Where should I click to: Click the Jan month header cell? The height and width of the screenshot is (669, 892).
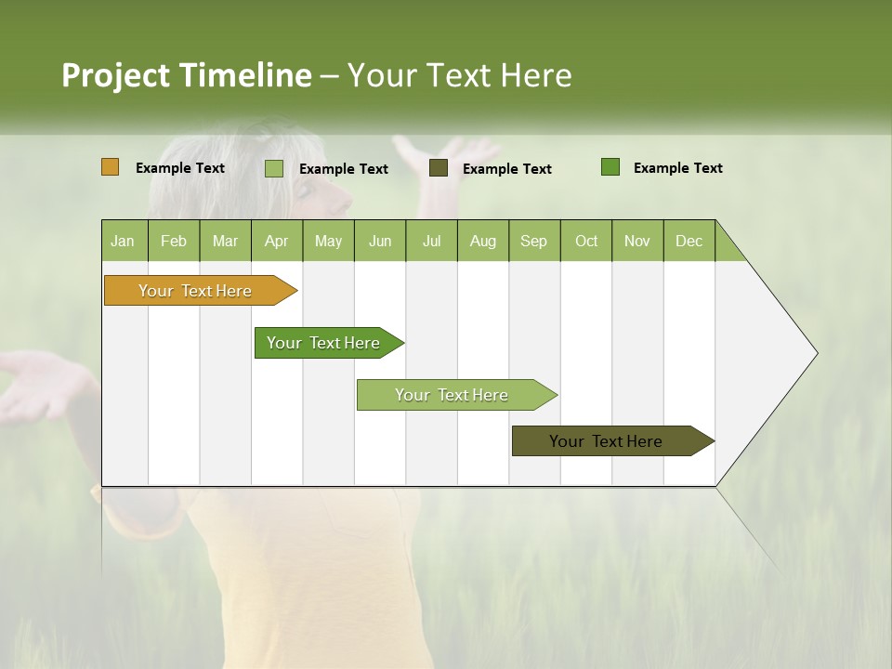124,241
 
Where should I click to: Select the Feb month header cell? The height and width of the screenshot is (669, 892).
174,241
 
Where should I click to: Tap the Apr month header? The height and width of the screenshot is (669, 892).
277,241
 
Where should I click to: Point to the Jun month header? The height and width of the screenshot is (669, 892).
380,241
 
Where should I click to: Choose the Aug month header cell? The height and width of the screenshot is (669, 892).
483,241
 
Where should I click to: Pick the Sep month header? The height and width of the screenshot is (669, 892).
534,241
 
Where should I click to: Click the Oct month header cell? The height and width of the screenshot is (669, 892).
586,241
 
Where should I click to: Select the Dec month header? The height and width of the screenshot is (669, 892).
689,241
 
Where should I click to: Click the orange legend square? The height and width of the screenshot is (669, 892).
110,167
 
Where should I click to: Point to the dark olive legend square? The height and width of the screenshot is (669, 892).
439,167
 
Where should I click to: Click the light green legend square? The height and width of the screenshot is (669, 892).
274,168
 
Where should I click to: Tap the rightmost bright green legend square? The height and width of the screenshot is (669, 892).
610,167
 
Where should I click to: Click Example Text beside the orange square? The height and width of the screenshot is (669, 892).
180,168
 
